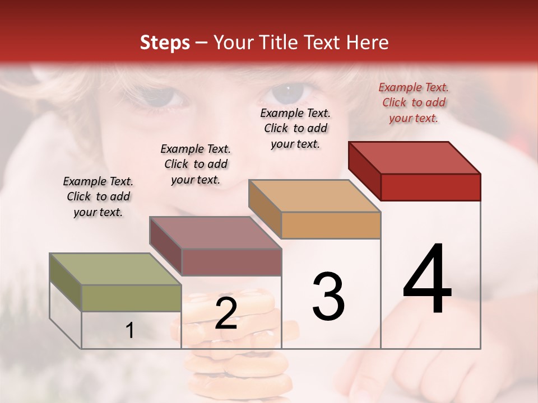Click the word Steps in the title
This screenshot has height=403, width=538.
pos(165,43)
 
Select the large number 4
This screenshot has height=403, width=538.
pos(427,280)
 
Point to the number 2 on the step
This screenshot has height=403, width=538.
pos(226,313)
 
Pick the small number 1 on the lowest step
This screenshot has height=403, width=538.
pos(130,330)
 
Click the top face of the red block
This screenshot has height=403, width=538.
pos(414,158)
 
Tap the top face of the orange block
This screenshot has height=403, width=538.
pos(314,196)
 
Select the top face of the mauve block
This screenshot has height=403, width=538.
pos(215,233)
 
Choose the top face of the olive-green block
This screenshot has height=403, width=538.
pos(115,269)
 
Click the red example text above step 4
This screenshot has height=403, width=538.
pos(414,102)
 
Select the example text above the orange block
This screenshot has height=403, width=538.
pos(295,128)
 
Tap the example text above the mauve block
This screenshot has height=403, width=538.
pos(196,164)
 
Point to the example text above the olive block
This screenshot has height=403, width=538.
pos(98,196)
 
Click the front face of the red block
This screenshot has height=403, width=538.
pos(430,187)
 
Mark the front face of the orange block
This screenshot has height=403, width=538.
pos(331,225)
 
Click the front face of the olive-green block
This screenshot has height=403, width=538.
pos(131,298)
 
